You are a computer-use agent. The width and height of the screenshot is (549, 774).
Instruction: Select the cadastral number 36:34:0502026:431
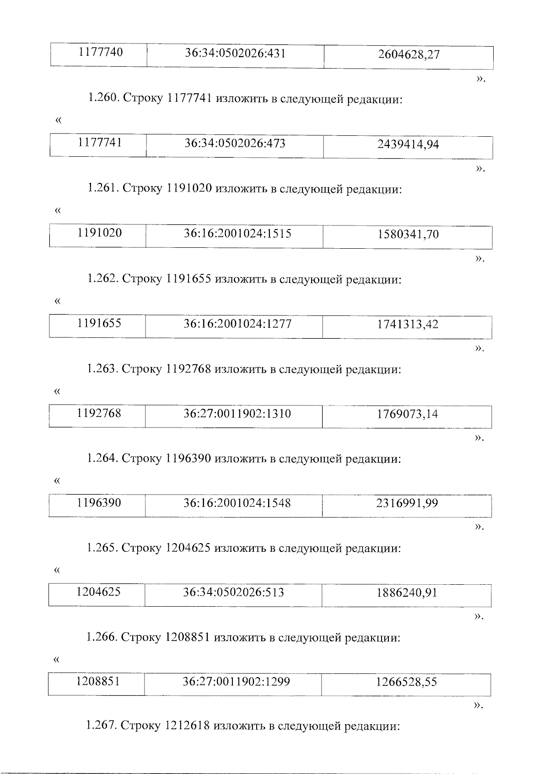235,53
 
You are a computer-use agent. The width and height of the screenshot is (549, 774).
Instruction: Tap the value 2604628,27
409,55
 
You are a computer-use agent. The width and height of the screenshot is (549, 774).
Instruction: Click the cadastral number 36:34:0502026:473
235,144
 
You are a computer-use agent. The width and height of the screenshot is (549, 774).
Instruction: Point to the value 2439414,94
408,145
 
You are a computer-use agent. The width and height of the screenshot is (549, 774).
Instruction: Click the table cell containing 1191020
100,233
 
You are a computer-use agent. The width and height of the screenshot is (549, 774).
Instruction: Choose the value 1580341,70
408,235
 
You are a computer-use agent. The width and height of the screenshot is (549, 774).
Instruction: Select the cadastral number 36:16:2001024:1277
237,324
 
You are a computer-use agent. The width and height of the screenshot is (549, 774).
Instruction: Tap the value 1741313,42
407,325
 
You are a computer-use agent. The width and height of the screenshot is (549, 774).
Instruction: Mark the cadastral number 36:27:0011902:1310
237,414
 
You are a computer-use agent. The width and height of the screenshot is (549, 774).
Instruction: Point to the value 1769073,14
407,414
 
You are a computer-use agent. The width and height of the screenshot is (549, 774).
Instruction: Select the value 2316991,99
407,503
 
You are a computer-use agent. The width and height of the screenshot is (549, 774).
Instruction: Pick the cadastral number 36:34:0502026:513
233,593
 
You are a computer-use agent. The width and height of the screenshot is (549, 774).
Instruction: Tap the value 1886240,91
407,593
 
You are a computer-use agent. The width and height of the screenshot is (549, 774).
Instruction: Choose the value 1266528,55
406,682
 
